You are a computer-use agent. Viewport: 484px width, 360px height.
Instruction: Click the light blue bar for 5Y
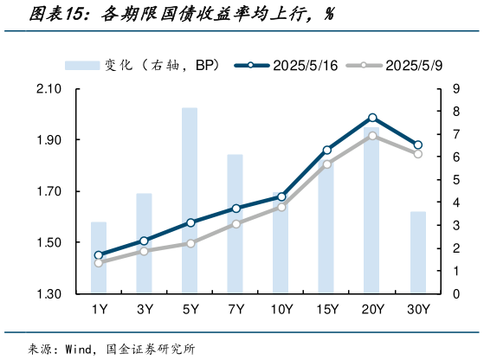(190, 201)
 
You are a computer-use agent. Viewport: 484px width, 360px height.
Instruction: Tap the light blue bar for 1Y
(99, 258)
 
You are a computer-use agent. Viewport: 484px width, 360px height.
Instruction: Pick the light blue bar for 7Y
(236, 224)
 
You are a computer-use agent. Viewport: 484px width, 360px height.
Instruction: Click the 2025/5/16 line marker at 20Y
(372, 118)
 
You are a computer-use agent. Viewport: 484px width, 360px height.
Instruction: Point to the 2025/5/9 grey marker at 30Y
(418, 153)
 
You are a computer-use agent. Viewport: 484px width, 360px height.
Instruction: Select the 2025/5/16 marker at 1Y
(99, 255)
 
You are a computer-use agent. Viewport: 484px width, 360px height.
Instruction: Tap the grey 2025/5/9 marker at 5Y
(190, 243)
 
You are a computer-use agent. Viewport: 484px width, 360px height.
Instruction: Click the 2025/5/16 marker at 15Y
(327, 151)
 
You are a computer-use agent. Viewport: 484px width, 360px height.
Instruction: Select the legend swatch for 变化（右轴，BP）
(81, 65)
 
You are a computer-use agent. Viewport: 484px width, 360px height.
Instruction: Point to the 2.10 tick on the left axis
(49, 89)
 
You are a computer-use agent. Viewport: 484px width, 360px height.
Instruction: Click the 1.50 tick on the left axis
(49, 243)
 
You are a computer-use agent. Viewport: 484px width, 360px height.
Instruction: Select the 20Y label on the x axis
(372, 309)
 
